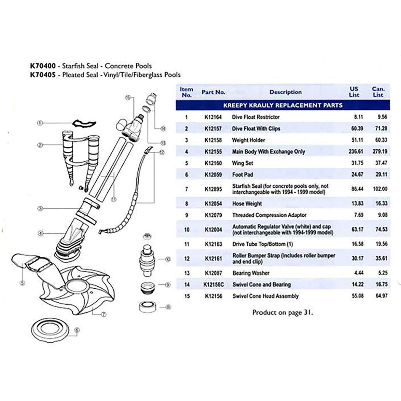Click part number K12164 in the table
point(213,117)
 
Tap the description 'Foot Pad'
point(242,175)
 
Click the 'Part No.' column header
point(213,92)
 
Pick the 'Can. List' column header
point(378,92)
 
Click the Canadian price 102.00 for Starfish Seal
point(380,189)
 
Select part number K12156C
point(213,285)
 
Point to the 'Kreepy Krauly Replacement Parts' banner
point(282,105)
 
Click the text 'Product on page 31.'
point(282,312)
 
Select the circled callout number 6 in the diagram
point(77,330)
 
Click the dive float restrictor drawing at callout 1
point(84,123)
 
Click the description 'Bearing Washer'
point(251,273)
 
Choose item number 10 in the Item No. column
point(187,229)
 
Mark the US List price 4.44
point(358,273)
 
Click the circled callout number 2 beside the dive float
point(40,145)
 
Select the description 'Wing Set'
point(242,163)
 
